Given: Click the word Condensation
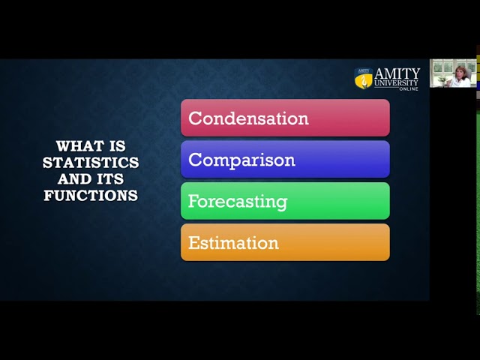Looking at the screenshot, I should (248, 118).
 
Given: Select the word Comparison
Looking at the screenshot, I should (241, 160).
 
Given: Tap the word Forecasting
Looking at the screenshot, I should (237, 202).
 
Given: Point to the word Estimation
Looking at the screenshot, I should (233, 243).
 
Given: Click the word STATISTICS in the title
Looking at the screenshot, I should (91, 163).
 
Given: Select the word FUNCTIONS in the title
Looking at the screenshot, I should (91, 196).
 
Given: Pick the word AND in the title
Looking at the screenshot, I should (75, 179).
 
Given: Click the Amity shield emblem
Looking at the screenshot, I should (364, 77).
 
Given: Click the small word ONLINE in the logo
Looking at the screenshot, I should (409, 88).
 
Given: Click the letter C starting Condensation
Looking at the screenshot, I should (194, 118).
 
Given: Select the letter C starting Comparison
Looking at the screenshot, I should (194, 160).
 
